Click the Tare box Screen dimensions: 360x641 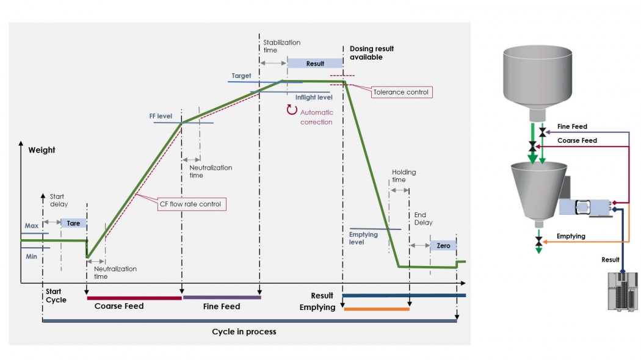73,223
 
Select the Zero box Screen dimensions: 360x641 443,245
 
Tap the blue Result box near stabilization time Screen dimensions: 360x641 315,63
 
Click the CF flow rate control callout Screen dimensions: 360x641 190,204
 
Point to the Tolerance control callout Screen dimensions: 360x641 401,92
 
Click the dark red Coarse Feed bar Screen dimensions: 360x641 134,298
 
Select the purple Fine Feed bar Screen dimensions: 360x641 222,298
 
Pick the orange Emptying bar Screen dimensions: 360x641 376,309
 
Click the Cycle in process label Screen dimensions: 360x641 244,331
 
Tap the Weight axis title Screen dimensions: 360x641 42,149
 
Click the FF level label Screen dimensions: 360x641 161,115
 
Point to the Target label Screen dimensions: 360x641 241,76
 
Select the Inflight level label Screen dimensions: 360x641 314,97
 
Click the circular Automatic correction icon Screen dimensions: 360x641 291,110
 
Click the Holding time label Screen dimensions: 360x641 404,176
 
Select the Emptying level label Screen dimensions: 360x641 363,238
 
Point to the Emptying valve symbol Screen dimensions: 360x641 538,242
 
